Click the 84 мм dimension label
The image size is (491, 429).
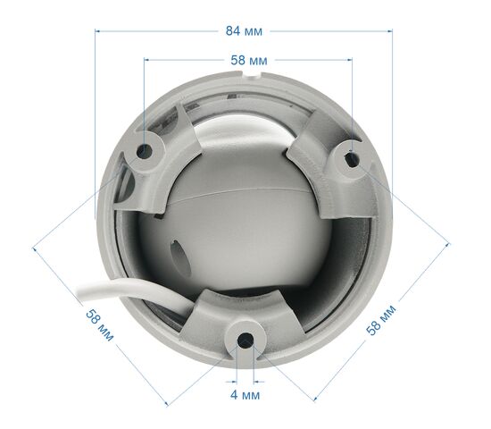coord(244,31)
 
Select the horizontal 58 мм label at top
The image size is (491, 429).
coord(249,60)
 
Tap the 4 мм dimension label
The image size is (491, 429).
coord(245,395)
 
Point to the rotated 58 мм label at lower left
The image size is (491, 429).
coord(100,325)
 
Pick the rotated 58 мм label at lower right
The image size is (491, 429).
coord(381,320)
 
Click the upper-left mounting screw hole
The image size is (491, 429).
coord(145,151)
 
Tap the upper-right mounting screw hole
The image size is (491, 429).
coord(352,160)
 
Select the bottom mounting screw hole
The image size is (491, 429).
coord(245,341)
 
